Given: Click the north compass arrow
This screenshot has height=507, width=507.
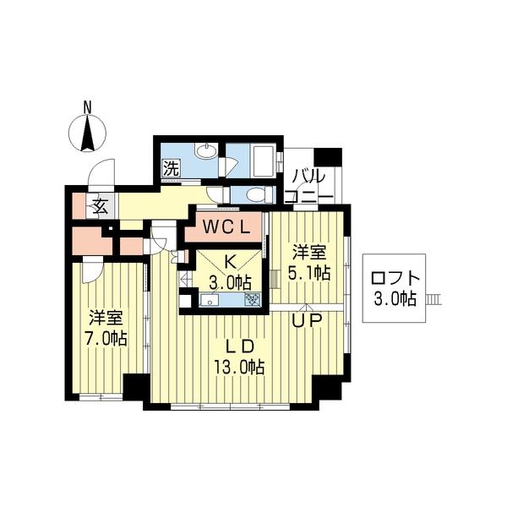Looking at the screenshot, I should [x=87, y=134].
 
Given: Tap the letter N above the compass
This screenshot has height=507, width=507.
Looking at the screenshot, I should [x=87, y=106].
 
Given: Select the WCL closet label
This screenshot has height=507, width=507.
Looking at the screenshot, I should [x=225, y=227].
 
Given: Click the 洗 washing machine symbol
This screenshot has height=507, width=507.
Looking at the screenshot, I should [x=171, y=167].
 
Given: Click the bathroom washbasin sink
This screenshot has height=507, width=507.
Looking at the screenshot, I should [x=205, y=152].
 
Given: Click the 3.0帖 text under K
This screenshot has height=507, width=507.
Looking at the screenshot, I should [x=231, y=281].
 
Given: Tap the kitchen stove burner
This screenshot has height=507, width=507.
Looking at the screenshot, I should [x=252, y=298].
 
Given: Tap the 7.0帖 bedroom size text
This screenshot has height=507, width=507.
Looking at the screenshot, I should [x=107, y=339].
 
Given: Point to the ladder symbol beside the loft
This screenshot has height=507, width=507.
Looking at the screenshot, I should [x=434, y=297].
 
